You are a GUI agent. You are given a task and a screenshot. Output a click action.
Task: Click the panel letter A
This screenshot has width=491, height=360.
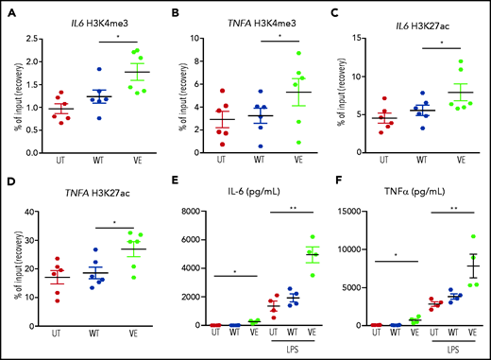[8, 13]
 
